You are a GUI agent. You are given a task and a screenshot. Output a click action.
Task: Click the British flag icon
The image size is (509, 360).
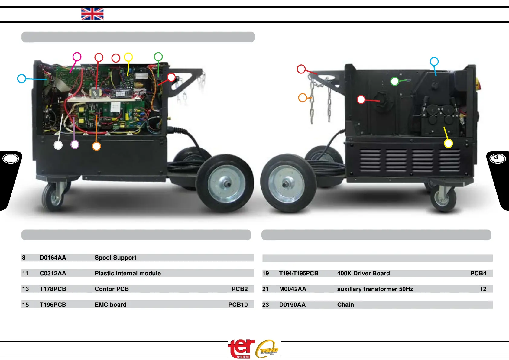[x=92, y=14]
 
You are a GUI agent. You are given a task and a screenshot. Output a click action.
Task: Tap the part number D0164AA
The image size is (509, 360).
[x=53, y=258]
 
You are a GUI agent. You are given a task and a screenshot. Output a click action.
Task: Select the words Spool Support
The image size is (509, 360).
[x=115, y=258]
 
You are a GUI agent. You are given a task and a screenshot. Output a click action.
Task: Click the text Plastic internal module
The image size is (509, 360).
[x=128, y=273]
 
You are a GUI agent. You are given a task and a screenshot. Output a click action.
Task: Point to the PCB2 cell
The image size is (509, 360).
[x=239, y=289]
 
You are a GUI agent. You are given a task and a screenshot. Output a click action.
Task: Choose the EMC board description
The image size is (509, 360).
[x=110, y=305]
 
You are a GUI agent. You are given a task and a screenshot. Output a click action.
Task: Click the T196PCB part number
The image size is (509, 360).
[x=53, y=305]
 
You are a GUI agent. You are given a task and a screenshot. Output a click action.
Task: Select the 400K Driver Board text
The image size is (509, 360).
[x=363, y=273]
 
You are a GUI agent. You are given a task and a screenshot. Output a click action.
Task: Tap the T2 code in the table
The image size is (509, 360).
[x=483, y=289]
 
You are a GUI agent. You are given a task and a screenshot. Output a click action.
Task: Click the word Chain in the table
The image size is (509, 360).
[x=345, y=305]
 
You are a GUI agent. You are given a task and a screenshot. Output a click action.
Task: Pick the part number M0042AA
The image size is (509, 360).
[x=293, y=289]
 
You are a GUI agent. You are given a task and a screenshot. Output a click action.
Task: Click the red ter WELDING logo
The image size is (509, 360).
[x=241, y=348]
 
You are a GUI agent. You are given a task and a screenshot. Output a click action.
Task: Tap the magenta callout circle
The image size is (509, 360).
[x=77, y=57]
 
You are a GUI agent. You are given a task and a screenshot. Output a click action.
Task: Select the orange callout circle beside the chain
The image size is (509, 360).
[x=303, y=98]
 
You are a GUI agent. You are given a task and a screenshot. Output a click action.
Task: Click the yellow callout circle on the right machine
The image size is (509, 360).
[x=448, y=143]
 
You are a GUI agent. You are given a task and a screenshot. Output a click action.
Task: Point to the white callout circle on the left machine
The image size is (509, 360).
[x=58, y=145]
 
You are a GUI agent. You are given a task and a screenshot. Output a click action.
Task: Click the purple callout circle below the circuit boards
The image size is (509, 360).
[x=75, y=144]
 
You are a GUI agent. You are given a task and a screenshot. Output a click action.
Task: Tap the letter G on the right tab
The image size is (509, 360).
[x=496, y=157]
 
